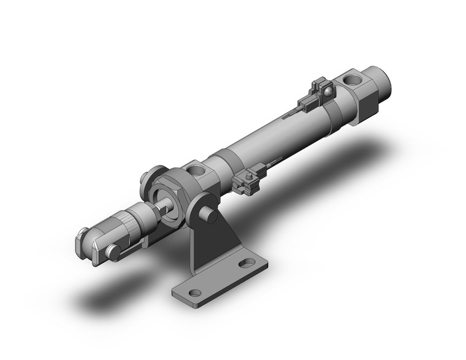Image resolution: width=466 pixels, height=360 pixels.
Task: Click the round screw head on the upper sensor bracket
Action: pyautogui.click(x=329, y=93)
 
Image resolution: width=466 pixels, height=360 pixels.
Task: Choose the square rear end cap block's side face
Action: pyautogui.click(x=366, y=104)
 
